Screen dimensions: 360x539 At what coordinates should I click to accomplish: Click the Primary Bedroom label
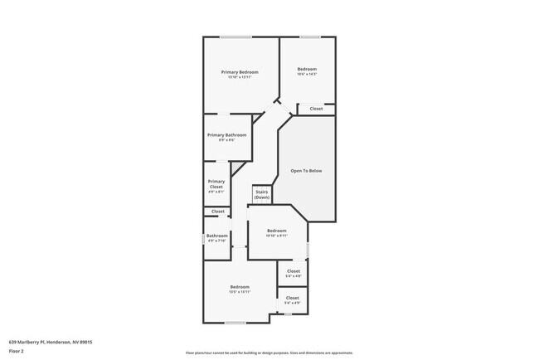click(x=240, y=72)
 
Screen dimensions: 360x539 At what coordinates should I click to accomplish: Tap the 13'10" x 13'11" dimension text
click(x=240, y=77)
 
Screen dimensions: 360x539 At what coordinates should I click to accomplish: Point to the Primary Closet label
click(x=216, y=184)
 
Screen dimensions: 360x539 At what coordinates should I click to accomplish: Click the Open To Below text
click(x=306, y=171)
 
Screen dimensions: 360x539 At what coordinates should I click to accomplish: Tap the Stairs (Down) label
click(x=262, y=195)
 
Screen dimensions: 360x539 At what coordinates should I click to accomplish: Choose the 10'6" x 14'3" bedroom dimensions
click(x=307, y=74)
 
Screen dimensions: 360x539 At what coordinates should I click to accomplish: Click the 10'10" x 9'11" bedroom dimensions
click(x=276, y=236)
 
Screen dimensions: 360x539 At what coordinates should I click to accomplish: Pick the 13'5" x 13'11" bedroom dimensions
click(x=240, y=292)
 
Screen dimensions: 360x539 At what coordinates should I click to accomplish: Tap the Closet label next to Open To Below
click(x=316, y=109)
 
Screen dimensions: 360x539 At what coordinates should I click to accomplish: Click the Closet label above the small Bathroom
click(x=217, y=212)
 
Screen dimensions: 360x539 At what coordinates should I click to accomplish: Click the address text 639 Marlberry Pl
click(x=51, y=342)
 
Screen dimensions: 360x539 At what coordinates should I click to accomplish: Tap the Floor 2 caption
click(x=17, y=351)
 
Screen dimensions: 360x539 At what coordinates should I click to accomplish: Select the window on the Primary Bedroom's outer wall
click(x=236, y=36)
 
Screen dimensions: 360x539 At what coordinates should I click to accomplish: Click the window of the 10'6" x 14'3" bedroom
click(x=309, y=36)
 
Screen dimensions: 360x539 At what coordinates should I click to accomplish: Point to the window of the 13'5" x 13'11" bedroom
click(x=235, y=323)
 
